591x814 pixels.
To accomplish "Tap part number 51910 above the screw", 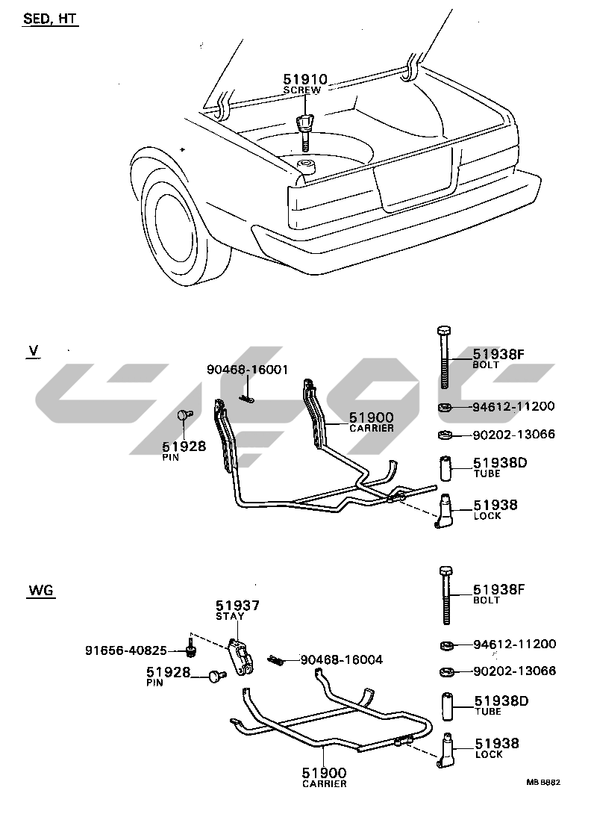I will point(305,80).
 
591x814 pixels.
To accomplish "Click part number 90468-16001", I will point(247,370).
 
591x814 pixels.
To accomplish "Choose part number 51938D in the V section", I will point(499,463).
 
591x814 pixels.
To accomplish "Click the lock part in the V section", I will point(445,512).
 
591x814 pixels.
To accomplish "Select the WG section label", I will point(43,591).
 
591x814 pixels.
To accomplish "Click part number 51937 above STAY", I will point(237,606).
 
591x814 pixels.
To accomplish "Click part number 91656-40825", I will point(125,650).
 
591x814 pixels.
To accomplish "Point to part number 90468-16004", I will point(342,659).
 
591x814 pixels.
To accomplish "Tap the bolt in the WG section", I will point(445,594).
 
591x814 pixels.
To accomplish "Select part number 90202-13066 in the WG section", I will point(514,671).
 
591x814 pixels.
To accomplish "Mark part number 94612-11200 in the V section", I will point(513,407).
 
